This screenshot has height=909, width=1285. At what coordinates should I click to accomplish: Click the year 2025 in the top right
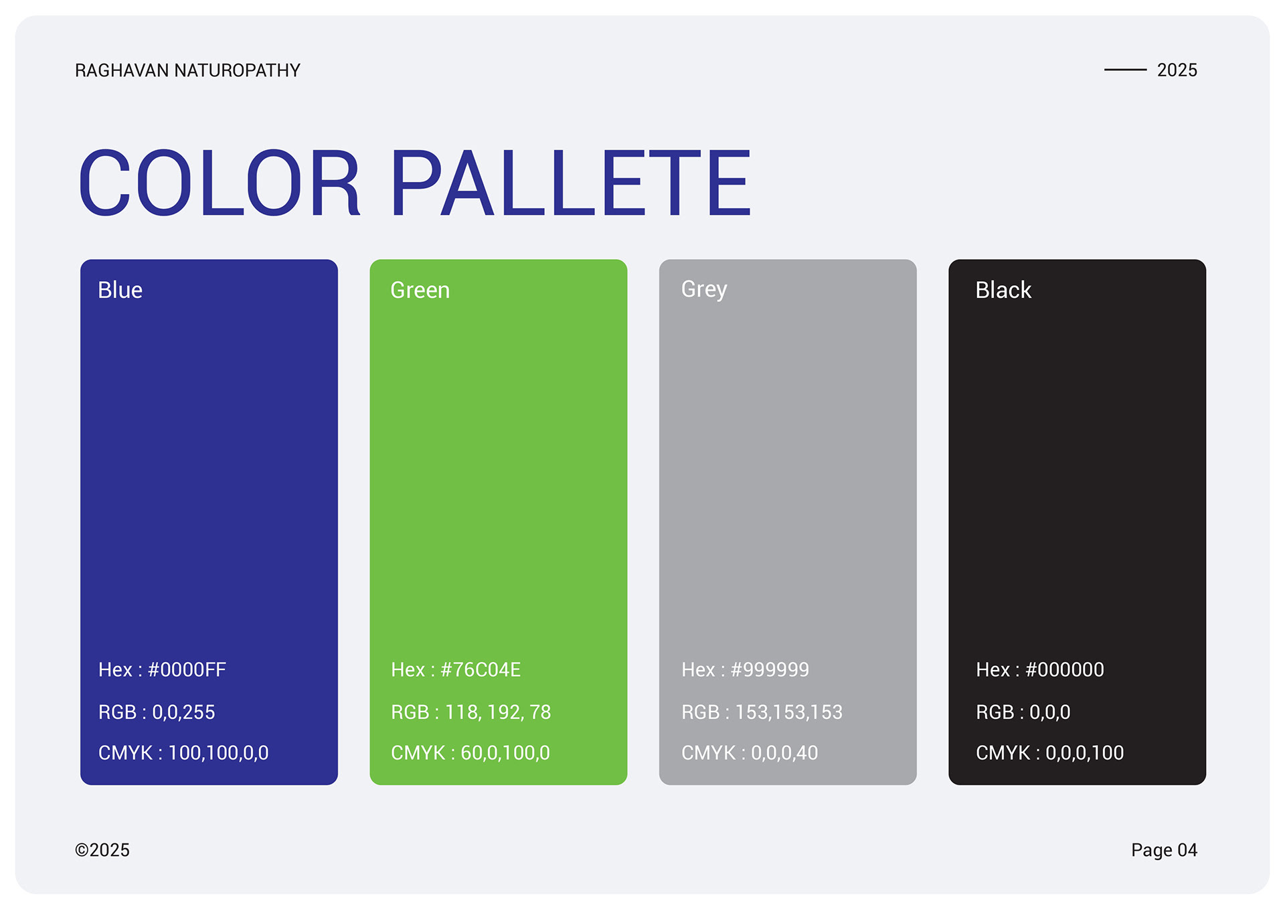1177,70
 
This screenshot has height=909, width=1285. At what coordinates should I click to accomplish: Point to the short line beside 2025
1125,69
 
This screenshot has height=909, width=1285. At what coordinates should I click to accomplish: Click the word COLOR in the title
220,183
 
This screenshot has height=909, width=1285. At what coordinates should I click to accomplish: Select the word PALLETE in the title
570,183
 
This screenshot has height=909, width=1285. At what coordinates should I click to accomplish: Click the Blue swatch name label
120,290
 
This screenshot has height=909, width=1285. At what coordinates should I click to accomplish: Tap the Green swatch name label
420,290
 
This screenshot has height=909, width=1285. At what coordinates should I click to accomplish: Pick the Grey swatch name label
704,290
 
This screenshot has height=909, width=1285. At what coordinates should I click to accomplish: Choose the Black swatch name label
1003,290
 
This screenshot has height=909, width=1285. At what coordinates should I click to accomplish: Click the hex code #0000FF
187,669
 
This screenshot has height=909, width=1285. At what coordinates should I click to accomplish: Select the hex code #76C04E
481,669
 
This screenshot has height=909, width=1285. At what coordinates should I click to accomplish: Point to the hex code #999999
770,669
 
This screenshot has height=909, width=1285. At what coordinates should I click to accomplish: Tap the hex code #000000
1065,669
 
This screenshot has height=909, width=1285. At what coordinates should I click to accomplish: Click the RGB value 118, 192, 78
498,712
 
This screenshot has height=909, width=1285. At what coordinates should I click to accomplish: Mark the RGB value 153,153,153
789,712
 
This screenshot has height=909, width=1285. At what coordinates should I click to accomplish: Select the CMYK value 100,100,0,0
218,753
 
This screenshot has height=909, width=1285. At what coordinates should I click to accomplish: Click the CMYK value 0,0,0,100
1085,753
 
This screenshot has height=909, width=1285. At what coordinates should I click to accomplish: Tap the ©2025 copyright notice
102,850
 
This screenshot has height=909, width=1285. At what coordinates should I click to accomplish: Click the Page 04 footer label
1164,850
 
